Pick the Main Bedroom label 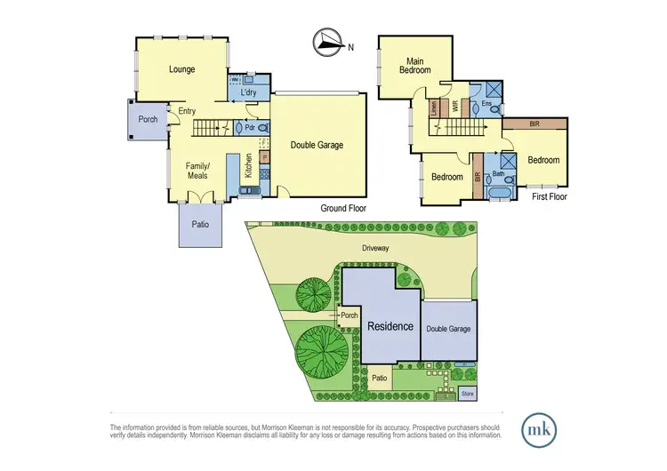pyautogui.click(x=414, y=66)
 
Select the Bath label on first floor pyautogui.click(x=499, y=174)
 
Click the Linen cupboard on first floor pyautogui.click(x=434, y=109)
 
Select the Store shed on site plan pyautogui.click(x=467, y=392)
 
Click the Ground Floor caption pyautogui.click(x=343, y=209)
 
